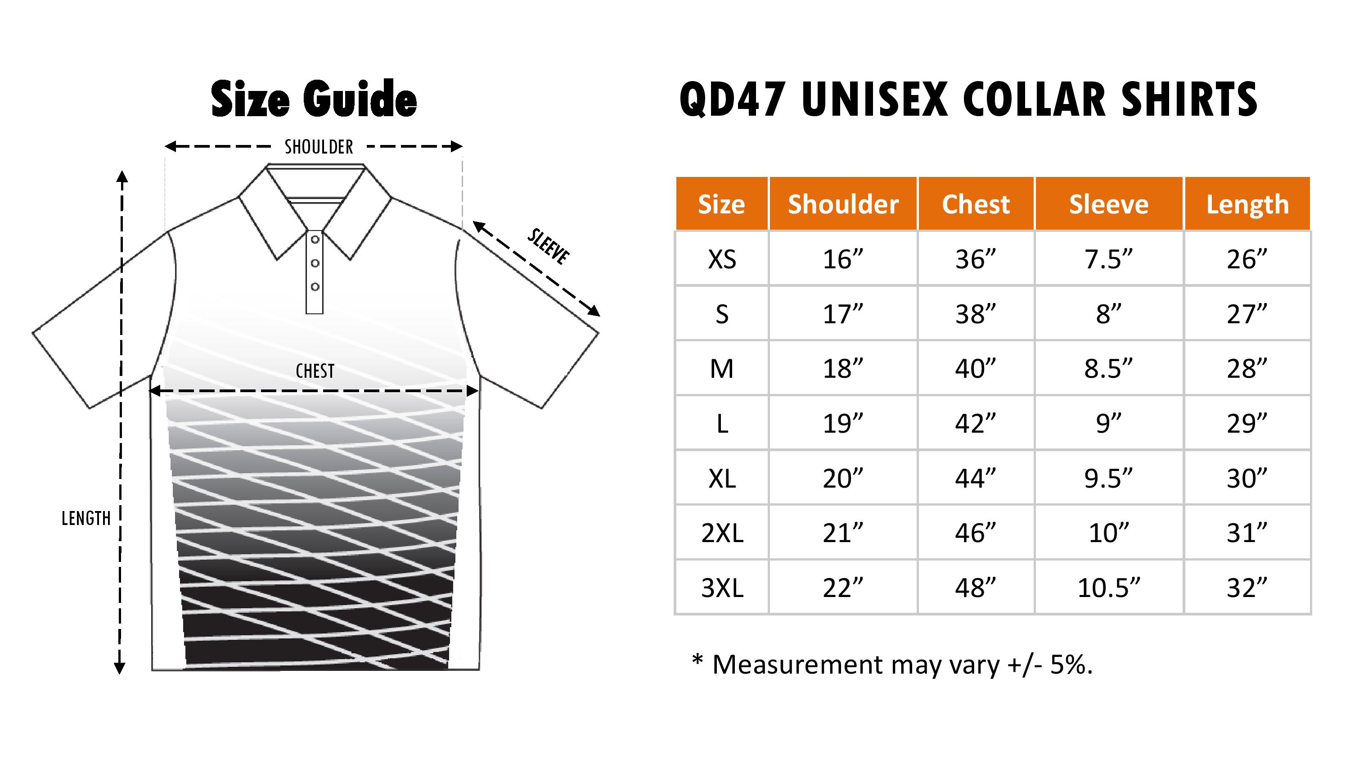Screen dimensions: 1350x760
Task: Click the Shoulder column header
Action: tap(843, 204)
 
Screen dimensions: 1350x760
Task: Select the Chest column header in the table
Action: tap(975, 204)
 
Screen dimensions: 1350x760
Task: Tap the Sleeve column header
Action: tap(1108, 204)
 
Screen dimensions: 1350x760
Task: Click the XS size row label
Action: tap(722, 259)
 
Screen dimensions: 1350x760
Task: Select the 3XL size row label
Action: tap(722, 588)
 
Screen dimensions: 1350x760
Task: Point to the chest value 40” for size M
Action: tap(975, 369)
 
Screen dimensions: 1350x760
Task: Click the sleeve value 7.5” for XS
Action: tap(1108, 259)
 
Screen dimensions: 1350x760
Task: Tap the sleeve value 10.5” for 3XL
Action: tap(1108, 588)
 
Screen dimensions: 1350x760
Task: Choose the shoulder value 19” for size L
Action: tap(843, 423)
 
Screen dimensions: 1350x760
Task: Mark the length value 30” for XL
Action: tap(1247, 478)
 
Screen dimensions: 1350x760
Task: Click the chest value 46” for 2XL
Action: tap(975, 533)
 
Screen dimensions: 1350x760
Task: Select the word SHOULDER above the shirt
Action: tap(319, 147)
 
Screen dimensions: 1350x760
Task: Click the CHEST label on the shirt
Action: tap(315, 371)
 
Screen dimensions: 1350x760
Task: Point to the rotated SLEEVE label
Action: tap(548, 247)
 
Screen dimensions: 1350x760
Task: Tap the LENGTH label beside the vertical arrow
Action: tap(86, 519)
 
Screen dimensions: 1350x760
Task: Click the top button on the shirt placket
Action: tap(315, 240)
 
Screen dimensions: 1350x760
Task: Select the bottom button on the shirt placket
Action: tap(315, 286)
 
